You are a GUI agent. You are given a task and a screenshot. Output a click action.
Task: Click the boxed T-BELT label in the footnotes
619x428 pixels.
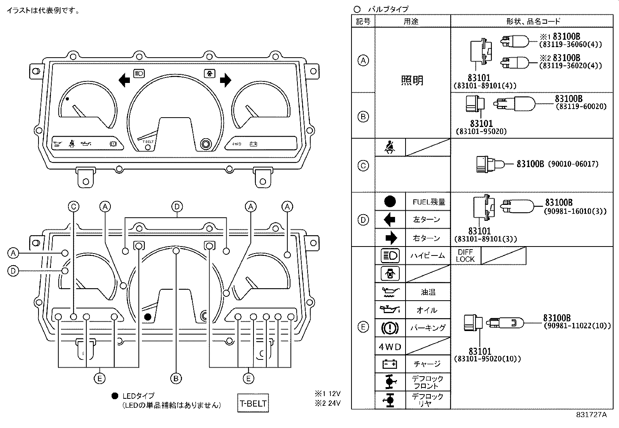pyautogui.click(x=253, y=403)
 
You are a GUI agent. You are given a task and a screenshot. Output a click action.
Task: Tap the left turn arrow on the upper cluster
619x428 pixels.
pyautogui.click(x=124, y=81)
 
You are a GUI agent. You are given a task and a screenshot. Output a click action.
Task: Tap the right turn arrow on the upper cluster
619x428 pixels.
pyautogui.click(x=225, y=81)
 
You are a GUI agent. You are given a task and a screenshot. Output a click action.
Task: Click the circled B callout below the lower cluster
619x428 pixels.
pyautogui.click(x=176, y=378)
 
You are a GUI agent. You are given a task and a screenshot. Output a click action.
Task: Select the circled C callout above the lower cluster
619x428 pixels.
pyautogui.click(x=73, y=206)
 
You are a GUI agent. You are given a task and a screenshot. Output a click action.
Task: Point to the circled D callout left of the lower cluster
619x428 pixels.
pyautogui.click(x=13, y=271)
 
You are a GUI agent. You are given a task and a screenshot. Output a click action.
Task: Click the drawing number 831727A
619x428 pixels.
pyautogui.click(x=591, y=415)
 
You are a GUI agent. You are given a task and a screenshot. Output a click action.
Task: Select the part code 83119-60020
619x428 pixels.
pyautogui.click(x=581, y=106)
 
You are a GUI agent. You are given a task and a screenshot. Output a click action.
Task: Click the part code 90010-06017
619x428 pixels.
pyautogui.click(x=573, y=164)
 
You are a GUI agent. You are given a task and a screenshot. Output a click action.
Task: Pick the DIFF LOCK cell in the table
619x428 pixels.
pyautogui.click(x=465, y=255)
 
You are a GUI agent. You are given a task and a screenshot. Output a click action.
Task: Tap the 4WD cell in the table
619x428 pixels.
pyautogui.click(x=390, y=347)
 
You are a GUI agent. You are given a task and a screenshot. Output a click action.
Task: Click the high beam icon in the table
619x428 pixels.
pyautogui.click(x=390, y=255)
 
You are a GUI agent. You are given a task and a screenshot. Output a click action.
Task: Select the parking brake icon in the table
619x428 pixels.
pyautogui.click(x=390, y=328)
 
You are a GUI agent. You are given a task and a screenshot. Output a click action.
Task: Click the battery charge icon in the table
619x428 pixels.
pyautogui.click(x=390, y=364)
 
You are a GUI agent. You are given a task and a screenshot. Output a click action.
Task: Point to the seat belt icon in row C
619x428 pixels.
pyautogui.click(x=390, y=148)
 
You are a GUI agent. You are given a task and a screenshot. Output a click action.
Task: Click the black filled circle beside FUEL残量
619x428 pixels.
pyautogui.click(x=390, y=201)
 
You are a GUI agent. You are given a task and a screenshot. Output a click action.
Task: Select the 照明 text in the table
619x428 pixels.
pyautogui.click(x=412, y=81)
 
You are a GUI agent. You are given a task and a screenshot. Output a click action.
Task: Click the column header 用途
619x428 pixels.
pyautogui.click(x=411, y=21)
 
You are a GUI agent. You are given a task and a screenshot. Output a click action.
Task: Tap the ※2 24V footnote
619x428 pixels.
pyautogui.click(x=327, y=403)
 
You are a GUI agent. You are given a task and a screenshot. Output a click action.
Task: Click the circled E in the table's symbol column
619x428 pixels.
pyautogui.click(x=363, y=327)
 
